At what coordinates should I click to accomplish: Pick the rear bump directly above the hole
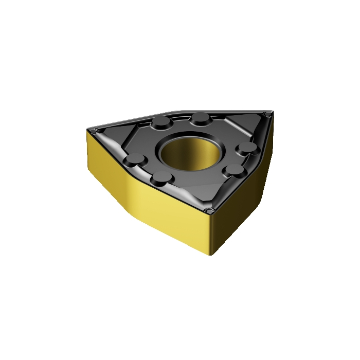click(x=199, y=119)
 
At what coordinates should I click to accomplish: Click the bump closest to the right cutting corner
click(x=248, y=149)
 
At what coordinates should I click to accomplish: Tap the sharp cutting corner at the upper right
click(x=265, y=113)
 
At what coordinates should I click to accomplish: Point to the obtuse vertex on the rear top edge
click(x=175, y=112)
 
